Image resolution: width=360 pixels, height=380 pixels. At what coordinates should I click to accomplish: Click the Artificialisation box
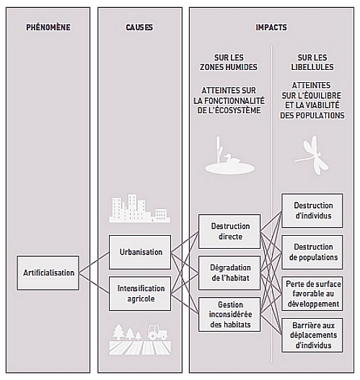(48, 273)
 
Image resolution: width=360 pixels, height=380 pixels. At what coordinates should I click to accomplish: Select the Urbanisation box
(140, 252)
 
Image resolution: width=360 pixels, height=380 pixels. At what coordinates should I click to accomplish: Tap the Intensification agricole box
(140, 293)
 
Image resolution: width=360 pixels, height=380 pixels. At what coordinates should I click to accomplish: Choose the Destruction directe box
(229, 231)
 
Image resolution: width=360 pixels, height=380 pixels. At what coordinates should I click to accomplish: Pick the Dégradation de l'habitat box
(229, 273)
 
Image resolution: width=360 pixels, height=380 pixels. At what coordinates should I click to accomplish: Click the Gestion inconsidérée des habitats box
(229, 314)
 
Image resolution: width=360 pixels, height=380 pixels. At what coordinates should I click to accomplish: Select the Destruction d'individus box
(312, 211)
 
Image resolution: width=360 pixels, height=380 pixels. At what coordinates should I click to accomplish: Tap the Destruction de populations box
(312, 252)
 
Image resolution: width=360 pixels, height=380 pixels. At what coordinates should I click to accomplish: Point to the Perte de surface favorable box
(312, 293)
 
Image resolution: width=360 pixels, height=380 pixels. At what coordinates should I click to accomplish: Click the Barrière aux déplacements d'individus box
(312, 335)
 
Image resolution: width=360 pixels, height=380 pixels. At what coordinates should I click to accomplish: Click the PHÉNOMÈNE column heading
(48, 27)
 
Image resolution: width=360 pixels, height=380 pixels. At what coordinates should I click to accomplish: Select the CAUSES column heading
(139, 27)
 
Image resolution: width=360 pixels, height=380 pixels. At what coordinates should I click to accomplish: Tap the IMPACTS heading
(271, 27)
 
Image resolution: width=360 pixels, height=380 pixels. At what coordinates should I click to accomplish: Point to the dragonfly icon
(312, 155)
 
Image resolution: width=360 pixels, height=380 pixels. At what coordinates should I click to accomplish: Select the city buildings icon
(139, 208)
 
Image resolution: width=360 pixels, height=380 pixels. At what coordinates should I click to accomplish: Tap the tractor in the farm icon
(157, 332)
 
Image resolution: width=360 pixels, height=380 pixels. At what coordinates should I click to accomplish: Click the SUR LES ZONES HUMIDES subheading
(229, 62)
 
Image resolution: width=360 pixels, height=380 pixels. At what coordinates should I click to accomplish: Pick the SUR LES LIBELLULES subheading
(312, 62)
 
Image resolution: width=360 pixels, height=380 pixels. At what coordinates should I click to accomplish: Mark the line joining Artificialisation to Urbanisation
(94, 262)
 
